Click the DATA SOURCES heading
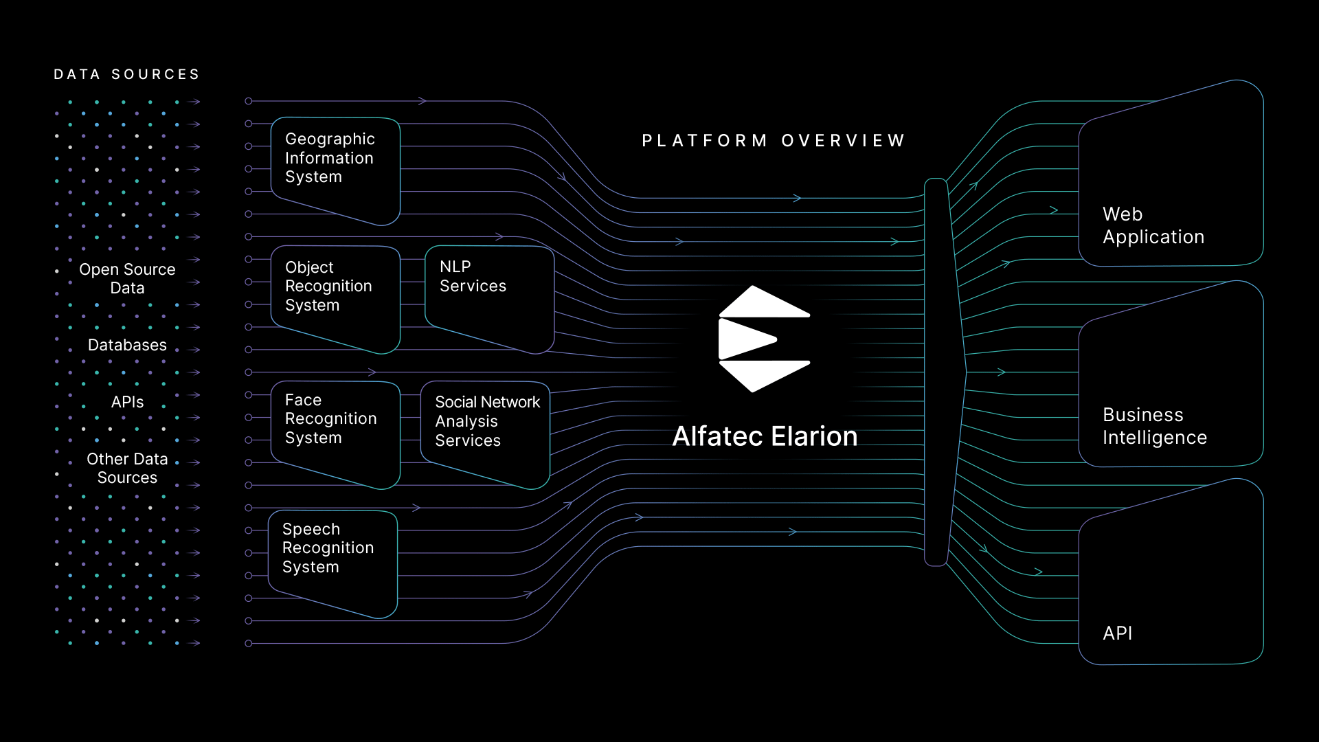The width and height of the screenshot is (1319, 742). coord(127,74)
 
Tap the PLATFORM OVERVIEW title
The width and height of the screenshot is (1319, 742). coord(774,141)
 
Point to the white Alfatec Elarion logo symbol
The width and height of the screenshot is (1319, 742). coord(764,339)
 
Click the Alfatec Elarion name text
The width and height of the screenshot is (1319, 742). coord(765,436)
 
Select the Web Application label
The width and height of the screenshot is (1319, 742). coord(1153,225)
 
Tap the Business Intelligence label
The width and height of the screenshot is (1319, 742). coord(1154,426)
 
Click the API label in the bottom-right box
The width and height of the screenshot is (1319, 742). coord(1118,633)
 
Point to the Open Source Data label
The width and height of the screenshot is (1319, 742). coord(127,279)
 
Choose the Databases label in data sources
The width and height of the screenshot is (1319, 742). coord(127,345)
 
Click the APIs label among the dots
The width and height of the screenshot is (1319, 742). coord(127,402)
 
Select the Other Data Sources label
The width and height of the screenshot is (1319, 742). coord(127,468)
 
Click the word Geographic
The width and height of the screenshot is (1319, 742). coord(330,139)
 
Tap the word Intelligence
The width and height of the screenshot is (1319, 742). coord(1154,438)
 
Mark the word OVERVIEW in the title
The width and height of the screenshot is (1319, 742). coord(844,141)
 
